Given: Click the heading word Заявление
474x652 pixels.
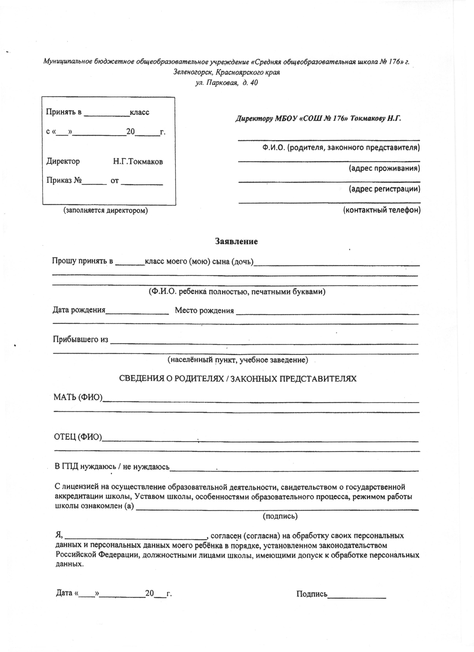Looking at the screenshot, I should pos(236,241).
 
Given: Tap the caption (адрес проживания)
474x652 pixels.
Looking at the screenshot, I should pos(384,168).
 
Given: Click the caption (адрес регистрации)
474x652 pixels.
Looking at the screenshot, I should pos(384,189).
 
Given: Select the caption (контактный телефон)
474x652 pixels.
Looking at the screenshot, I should pos(382,210).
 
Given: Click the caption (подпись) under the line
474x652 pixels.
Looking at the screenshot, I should pos(280,516).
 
